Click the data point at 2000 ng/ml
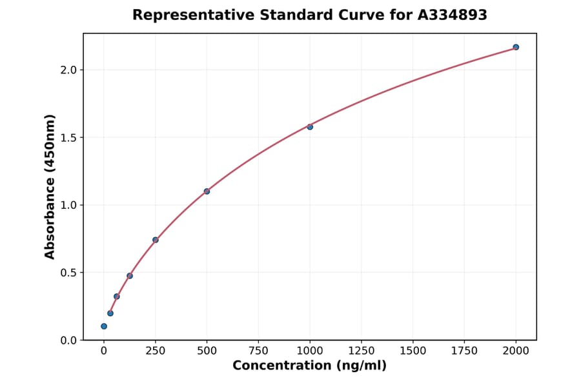516,47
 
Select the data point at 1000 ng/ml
310,127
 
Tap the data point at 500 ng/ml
207,191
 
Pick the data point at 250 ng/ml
156,240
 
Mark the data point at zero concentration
104,326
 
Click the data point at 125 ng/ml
130,276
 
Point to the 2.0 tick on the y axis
68,70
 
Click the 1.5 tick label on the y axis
68,137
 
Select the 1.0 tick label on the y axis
68,205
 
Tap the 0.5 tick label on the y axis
68,273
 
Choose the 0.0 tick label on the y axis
68,340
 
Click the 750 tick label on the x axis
258,351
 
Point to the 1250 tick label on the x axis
362,351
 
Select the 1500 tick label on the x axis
413,351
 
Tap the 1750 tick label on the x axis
464,351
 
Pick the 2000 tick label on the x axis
516,351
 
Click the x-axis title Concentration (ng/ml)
310,366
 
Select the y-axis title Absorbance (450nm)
50,186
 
